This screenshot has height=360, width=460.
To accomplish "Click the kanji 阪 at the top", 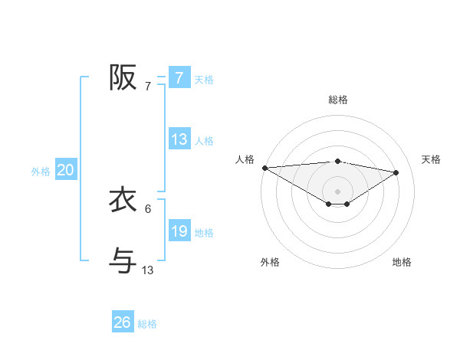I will pyautogui.click(x=123, y=77).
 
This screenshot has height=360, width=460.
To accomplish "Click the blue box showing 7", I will pyautogui.click(x=179, y=78).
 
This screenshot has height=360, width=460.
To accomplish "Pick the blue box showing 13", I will pyautogui.click(x=179, y=139).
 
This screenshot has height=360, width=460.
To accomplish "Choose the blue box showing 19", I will pyautogui.click(x=179, y=231).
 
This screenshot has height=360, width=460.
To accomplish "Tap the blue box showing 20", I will pyautogui.click(x=65, y=170).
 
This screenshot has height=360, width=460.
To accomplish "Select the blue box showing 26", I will pyautogui.click(x=122, y=322).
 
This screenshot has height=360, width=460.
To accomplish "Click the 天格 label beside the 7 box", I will pyautogui.click(x=204, y=80).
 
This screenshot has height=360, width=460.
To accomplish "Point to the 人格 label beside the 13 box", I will pyautogui.click(x=204, y=141).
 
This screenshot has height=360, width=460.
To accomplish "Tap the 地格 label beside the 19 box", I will pyautogui.click(x=204, y=233).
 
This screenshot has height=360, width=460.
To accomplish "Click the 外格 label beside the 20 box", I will pyautogui.click(x=41, y=172).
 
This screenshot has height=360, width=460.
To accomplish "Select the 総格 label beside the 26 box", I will pyautogui.click(x=147, y=324).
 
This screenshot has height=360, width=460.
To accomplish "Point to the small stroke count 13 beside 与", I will pyautogui.click(x=148, y=270).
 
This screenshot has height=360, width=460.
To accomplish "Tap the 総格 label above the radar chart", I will pyautogui.click(x=337, y=100).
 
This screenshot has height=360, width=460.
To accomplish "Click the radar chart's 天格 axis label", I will pyautogui.click(x=431, y=159).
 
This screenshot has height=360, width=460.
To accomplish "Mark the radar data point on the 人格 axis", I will pyautogui.click(x=264, y=167).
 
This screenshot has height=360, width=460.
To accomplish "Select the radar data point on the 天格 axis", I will pyautogui.click(x=396, y=172).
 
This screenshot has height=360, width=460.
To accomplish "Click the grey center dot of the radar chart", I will pyautogui.click(x=337, y=191).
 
